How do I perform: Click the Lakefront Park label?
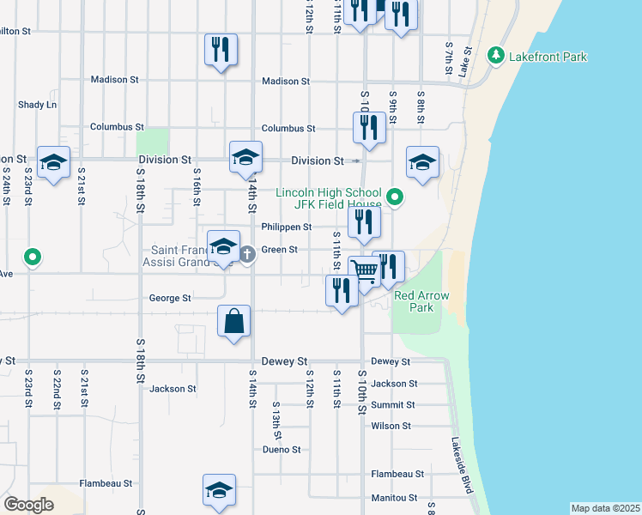click(x=548, y=57)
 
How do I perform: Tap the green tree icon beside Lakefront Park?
click(x=495, y=56)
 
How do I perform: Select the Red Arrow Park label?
click(x=415, y=301)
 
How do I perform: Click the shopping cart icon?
click(x=365, y=271)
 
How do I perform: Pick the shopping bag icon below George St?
click(x=233, y=322)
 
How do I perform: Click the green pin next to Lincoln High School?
click(x=395, y=198)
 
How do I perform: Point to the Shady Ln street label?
click(x=37, y=105)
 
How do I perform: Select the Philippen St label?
click(x=287, y=227)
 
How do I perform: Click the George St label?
click(x=170, y=299)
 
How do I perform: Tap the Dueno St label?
click(x=282, y=449)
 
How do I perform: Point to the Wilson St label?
click(x=391, y=426)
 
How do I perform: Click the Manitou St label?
click(x=394, y=498)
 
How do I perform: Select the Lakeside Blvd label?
click(x=462, y=466)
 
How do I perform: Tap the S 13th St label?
click(x=276, y=417)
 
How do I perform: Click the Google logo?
click(x=28, y=505)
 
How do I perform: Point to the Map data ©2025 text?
click(x=605, y=508)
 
